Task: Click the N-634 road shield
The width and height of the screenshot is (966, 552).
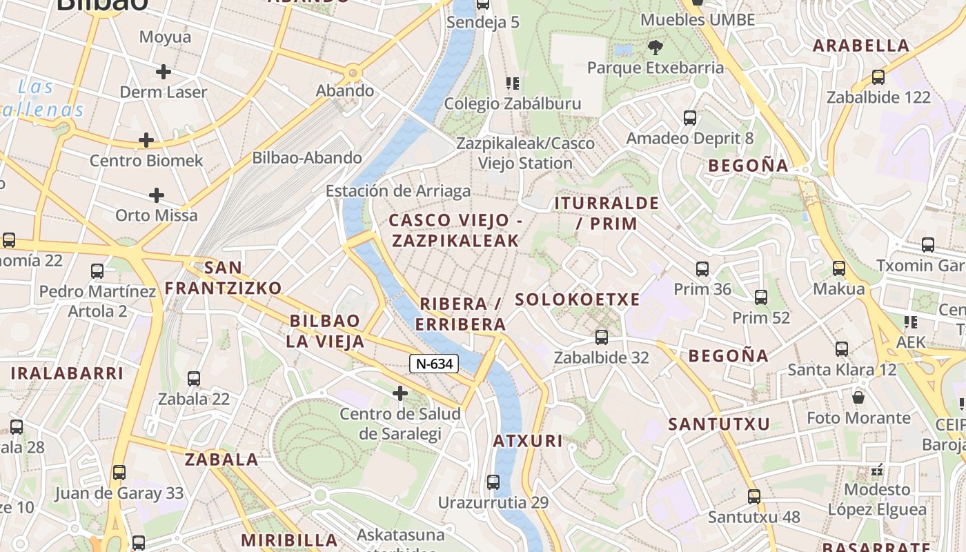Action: coord(434,364)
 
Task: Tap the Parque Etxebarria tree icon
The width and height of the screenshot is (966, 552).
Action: coord(655,48)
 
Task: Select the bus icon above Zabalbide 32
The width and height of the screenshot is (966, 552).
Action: coord(602,337)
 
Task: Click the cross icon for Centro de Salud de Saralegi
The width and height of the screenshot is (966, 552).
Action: coord(400,393)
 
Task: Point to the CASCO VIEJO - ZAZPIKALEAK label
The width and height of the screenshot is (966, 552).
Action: coord(455,230)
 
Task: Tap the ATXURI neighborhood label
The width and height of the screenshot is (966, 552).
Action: coord(528,441)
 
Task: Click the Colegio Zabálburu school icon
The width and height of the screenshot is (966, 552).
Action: coord(512,83)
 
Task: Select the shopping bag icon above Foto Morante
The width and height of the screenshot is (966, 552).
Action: coord(858,397)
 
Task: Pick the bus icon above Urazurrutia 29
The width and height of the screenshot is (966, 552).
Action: coord(493,482)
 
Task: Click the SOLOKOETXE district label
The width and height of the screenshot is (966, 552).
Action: coord(578,299)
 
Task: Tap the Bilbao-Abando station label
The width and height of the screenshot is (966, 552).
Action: coord(307,157)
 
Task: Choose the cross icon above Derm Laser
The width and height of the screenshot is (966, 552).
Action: coord(164,71)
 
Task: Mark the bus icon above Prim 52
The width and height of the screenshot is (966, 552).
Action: coord(760,297)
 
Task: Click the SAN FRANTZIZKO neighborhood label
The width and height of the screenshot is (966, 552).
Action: coord(223,277)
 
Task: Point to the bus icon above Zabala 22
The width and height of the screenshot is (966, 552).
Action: coord(194,378)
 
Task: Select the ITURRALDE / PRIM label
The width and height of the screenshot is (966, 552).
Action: coord(607,213)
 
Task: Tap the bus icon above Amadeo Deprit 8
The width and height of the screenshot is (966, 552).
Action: coord(689,117)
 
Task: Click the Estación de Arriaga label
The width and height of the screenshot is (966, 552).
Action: coord(398,191)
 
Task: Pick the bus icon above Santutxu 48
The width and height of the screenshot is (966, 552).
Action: coord(753,496)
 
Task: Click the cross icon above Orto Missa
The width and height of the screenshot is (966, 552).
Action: coord(157,195)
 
